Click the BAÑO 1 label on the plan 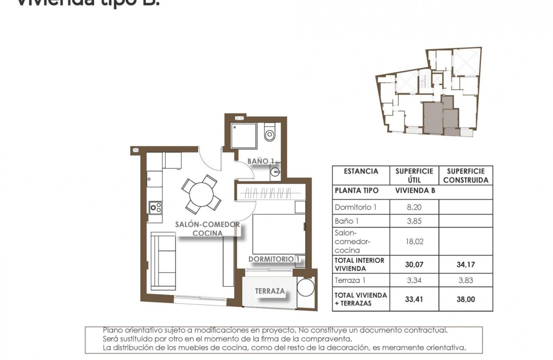coord(261,161)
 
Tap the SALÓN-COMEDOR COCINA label coord(207,229)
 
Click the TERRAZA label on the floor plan coord(270,291)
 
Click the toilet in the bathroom coord(270,133)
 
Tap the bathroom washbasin coord(275,173)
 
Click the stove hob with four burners coord(155,208)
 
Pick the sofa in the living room coord(163,261)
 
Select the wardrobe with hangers coord(271,193)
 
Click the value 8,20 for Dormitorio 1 coord(414,207)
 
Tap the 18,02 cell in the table coord(414,241)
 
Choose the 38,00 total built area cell coord(466,300)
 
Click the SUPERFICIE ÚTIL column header coord(414,175)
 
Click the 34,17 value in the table coord(466,265)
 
